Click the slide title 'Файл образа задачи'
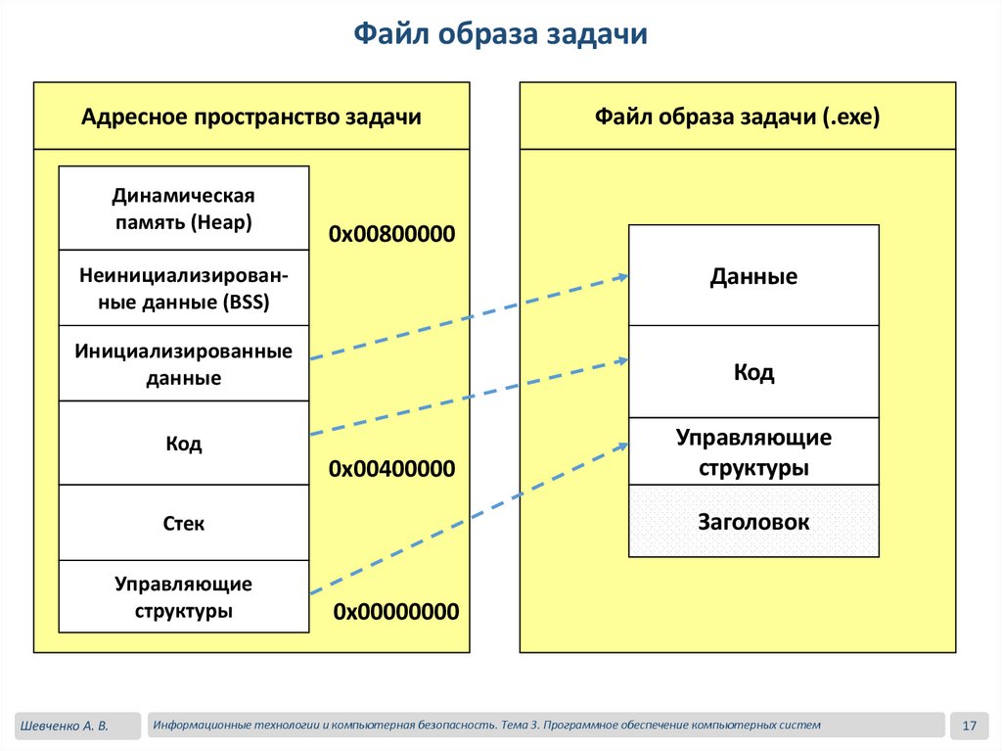pos(500,35)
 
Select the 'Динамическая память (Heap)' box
pos(183,209)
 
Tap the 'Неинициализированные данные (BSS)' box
pos(183,288)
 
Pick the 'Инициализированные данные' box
pos(183,363)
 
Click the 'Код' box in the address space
pos(183,444)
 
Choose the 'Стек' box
pos(183,524)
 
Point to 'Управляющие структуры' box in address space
pos(183,597)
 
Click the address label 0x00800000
pos(392,235)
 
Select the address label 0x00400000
pos(392,469)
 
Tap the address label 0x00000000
pos(395,612)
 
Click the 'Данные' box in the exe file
pos(753,276)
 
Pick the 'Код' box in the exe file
pos(753,372)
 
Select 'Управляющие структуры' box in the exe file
pos(753,451)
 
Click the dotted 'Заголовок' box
pos(753,522)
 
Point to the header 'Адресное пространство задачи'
pos(251,117)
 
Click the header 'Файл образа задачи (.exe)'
pos(738,117)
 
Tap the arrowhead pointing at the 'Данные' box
pos(622,277)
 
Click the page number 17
pos(970,726)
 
